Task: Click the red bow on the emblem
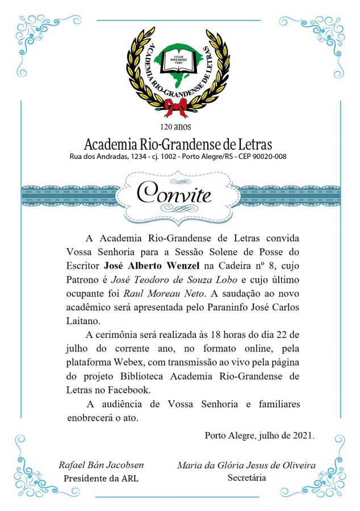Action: click(175, 106)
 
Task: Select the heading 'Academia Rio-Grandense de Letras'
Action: click(178, 143)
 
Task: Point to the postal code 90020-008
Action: click(268, 156)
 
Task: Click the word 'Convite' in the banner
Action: click(175, 195)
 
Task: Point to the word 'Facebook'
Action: click(129, 391)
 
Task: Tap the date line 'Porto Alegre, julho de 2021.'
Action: click(259, 435)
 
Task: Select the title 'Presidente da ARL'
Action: click(101, 478)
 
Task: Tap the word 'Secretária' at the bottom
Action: click(246, 478)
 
